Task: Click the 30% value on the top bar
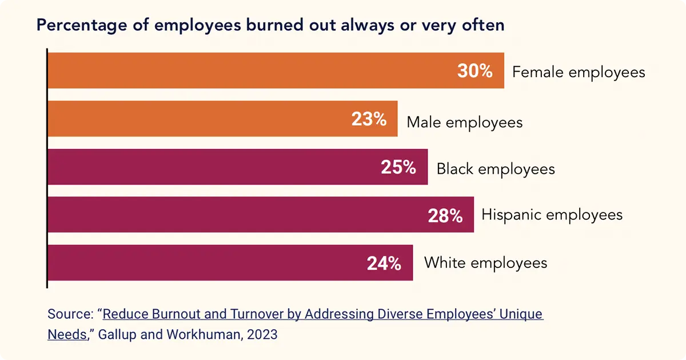(474, 71)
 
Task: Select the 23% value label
(369, 120)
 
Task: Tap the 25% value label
(398, 168)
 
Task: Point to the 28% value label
(445, 215)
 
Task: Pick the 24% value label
(384, 263)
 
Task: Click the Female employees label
(579, 73)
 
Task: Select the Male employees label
(464, 122)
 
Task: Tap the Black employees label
(496, 169)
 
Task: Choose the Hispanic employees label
(552, 215)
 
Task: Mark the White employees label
(485, 263)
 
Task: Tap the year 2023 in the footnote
(262, 334)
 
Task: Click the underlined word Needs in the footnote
(66, 334)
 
